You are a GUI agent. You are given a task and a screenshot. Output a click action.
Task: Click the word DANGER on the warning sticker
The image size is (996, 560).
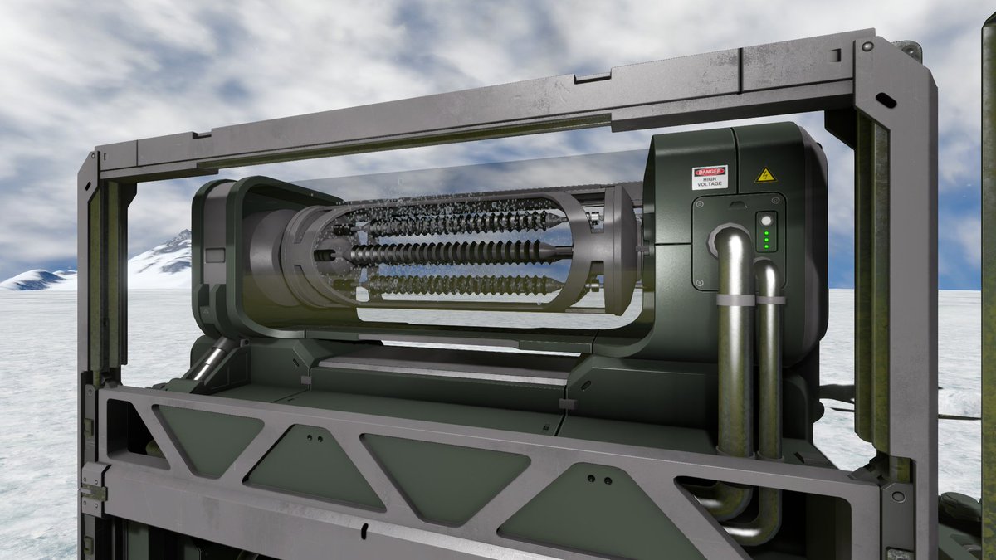click(x=709, y=172)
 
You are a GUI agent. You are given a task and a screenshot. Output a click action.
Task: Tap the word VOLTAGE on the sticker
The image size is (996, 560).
click(x=710, y=183)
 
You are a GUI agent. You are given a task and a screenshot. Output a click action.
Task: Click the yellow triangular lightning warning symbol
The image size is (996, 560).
click(x=765, y=175)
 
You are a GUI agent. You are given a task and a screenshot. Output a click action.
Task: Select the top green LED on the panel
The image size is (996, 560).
click(x=766, y=233)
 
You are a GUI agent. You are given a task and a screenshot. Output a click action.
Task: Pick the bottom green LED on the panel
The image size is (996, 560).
click(x=766, y=246)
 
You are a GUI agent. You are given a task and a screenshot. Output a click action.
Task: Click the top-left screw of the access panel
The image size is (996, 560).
click(x=700, y=205)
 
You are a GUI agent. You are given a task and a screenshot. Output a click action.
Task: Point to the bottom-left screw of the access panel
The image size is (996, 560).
click(x=699, y=283)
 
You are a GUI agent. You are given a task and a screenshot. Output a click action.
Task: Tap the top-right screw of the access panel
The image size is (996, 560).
click(x=776, y=201)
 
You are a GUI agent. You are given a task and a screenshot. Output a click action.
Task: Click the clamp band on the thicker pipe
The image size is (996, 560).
click(x=735, y=300)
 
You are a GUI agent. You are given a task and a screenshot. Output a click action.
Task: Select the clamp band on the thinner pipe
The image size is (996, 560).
click(x=770, y=300)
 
